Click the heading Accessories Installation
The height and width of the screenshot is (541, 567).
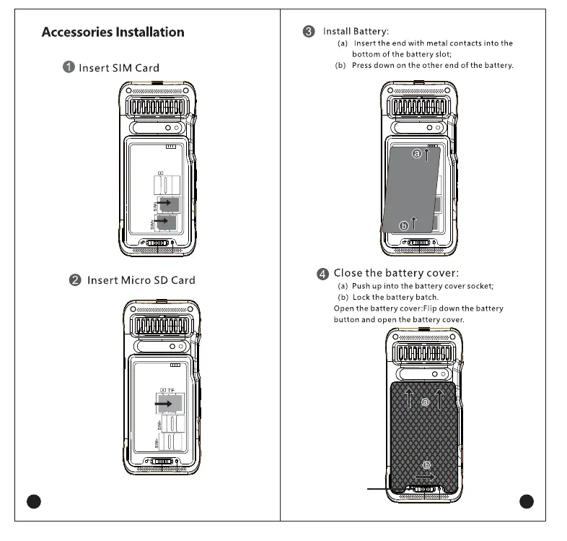tap(113, 32)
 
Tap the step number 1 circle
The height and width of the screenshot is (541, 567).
tap(69, 67)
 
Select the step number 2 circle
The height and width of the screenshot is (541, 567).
tap(75, 280)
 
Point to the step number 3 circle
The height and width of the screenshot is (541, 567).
tap(309, 31)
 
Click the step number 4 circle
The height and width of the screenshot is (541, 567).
tap(322, 274)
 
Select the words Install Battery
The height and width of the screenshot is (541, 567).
tap(356, 31)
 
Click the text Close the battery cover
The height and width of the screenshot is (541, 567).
tap(395, 273)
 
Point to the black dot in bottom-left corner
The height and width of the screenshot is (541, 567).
tap(33, 501)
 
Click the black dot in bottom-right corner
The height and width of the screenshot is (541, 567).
tap(526, 501)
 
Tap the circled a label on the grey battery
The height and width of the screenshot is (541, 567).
tap(416, 154)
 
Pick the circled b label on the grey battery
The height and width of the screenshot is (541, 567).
tap(404, 225)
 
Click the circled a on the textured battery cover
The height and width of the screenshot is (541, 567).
tap(425, 402)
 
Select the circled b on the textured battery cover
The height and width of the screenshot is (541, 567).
tap(426, 464)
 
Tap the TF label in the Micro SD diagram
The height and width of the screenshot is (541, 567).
tap(171, 390)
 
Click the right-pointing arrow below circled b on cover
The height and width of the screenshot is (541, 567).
tap(425, 477)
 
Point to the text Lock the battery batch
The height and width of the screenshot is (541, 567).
tap(395, 297)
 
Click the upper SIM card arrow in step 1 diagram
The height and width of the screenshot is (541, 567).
tap(164, 204)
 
